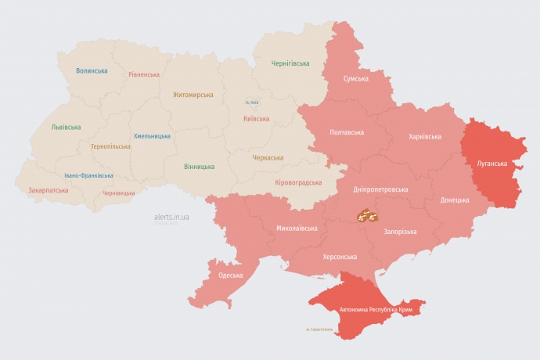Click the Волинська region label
tap(92, 71)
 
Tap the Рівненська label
tap(144, 75)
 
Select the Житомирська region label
tap(193, 95)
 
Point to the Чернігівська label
tap(290, 63)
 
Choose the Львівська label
tap(66, 127)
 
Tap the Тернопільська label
tap(110, 146)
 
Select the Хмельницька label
tap(152, 136)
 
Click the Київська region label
tap(257, 119)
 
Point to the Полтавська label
tap(347, 132)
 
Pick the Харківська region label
tap(424, 137)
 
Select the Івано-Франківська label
tap(88, 176)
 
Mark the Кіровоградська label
tap(298, 182)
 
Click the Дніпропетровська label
tap(380, 189)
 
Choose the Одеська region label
tap(230, 275)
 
